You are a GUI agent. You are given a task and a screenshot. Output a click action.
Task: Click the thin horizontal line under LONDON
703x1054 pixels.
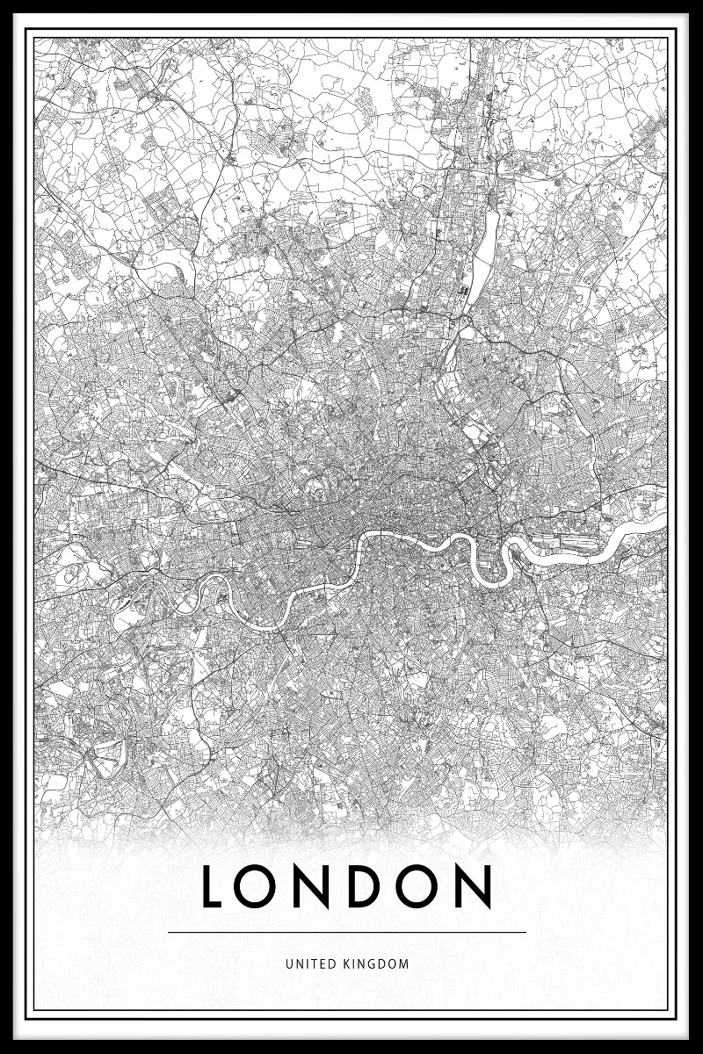click(x=347, y=932)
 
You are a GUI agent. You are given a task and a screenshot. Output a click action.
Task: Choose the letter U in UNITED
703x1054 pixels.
click(x=288, y=964)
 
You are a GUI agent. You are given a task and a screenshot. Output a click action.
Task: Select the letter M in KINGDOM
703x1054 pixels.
click(x=404, y=964)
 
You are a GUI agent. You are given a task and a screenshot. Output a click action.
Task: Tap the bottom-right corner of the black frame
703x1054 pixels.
click(x=699, y=1050)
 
